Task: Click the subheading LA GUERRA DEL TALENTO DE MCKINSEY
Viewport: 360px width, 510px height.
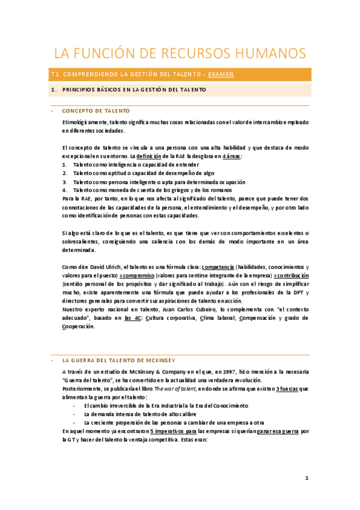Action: pyautogui.click(x=118, y=360)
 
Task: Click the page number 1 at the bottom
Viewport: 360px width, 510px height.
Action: pyautogui.click(x=307, y=479)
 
